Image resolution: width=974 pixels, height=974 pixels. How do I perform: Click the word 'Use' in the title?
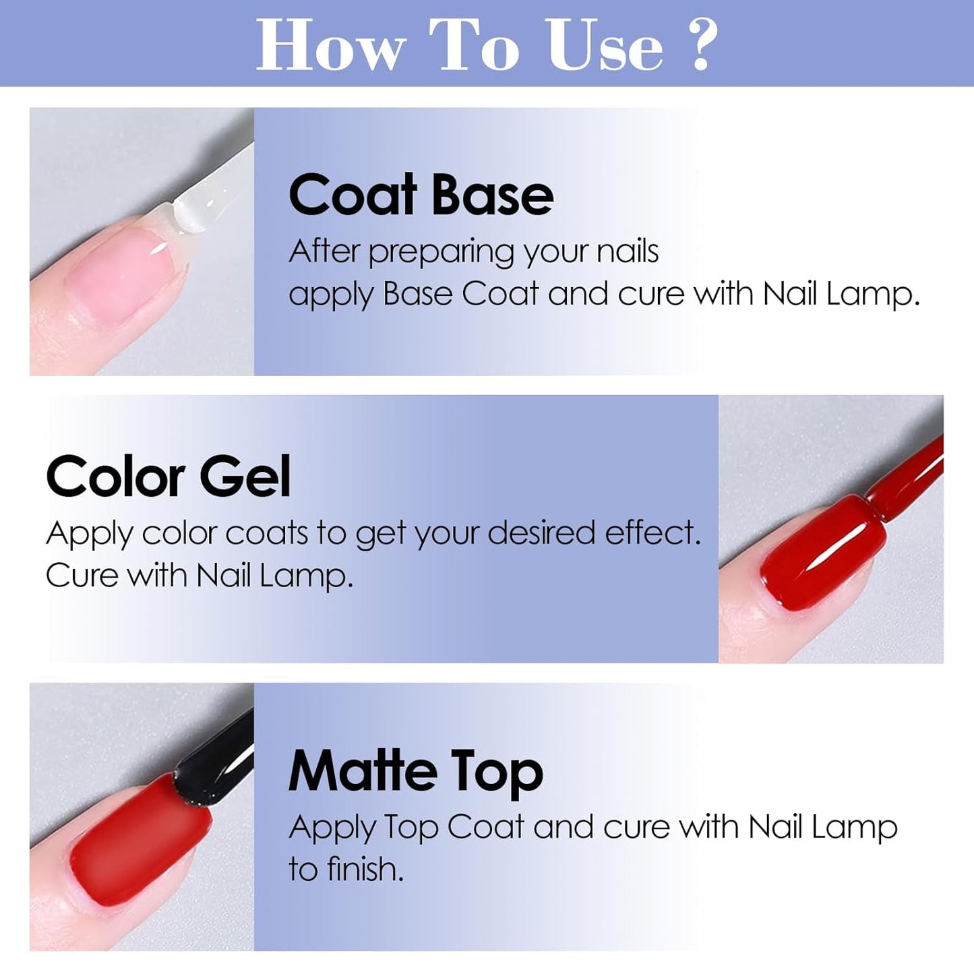(605, 45)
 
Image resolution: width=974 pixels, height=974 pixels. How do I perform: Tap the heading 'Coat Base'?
(421, 195)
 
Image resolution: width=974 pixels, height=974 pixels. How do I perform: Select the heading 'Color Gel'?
(168, 477)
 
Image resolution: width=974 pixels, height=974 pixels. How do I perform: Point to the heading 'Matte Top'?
(415, 772)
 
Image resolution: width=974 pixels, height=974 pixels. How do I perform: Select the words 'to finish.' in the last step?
(346, 870)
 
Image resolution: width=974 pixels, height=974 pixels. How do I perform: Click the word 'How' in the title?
(330, 45)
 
